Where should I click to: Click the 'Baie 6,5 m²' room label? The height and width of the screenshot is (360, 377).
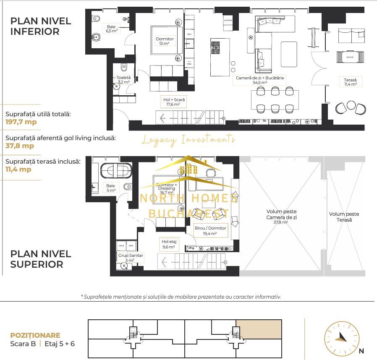(x=111, y=28)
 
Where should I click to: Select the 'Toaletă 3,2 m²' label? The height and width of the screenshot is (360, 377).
(x=123, y=80)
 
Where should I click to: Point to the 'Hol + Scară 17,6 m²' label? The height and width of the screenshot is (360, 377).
(x=174, y=102)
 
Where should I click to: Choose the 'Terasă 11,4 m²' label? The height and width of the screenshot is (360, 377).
(x=350, y=82)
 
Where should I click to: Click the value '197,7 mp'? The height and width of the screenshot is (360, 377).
(x=21, y=122)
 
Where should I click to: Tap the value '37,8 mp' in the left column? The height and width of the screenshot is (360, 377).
(x=20, y=146)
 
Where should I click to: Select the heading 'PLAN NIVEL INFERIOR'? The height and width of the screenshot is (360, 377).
(x=40, y=26)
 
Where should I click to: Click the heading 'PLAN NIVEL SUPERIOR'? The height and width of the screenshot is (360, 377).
(x=40, y=259)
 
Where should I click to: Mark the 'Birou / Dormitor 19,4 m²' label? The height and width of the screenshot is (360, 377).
(x=210, y=231)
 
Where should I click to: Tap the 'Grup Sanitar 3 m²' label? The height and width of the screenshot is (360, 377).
(x=131, y=258)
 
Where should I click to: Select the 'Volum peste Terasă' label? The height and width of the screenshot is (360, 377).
(x=344, y=217)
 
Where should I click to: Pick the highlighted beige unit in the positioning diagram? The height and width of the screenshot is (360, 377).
(x=258, y=329)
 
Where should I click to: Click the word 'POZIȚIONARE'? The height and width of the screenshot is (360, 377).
(x=35, y=335)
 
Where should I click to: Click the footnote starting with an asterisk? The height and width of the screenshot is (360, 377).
(x=181, y=296)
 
